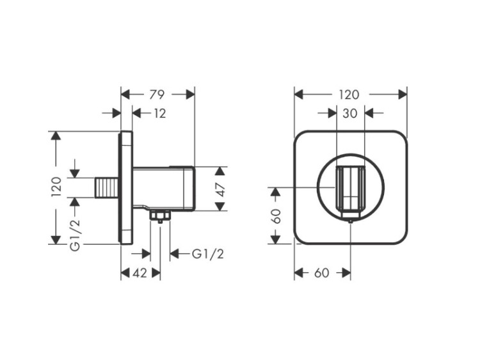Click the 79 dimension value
click(x=157, y=95)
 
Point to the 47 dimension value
click(x=220, y=189)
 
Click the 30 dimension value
click(x=349, y=113)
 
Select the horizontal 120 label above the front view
click(x=349, y=95)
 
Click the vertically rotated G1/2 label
click(x=76, y=235)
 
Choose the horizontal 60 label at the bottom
click(x=322, y=273)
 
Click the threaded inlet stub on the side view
click(x=106, y=188)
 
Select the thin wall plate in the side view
click(x=126, y=188)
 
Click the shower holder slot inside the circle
click(x=349, y=188)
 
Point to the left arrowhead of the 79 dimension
click(x=125, y=95)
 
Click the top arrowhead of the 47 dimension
click(x=220, y=171)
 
